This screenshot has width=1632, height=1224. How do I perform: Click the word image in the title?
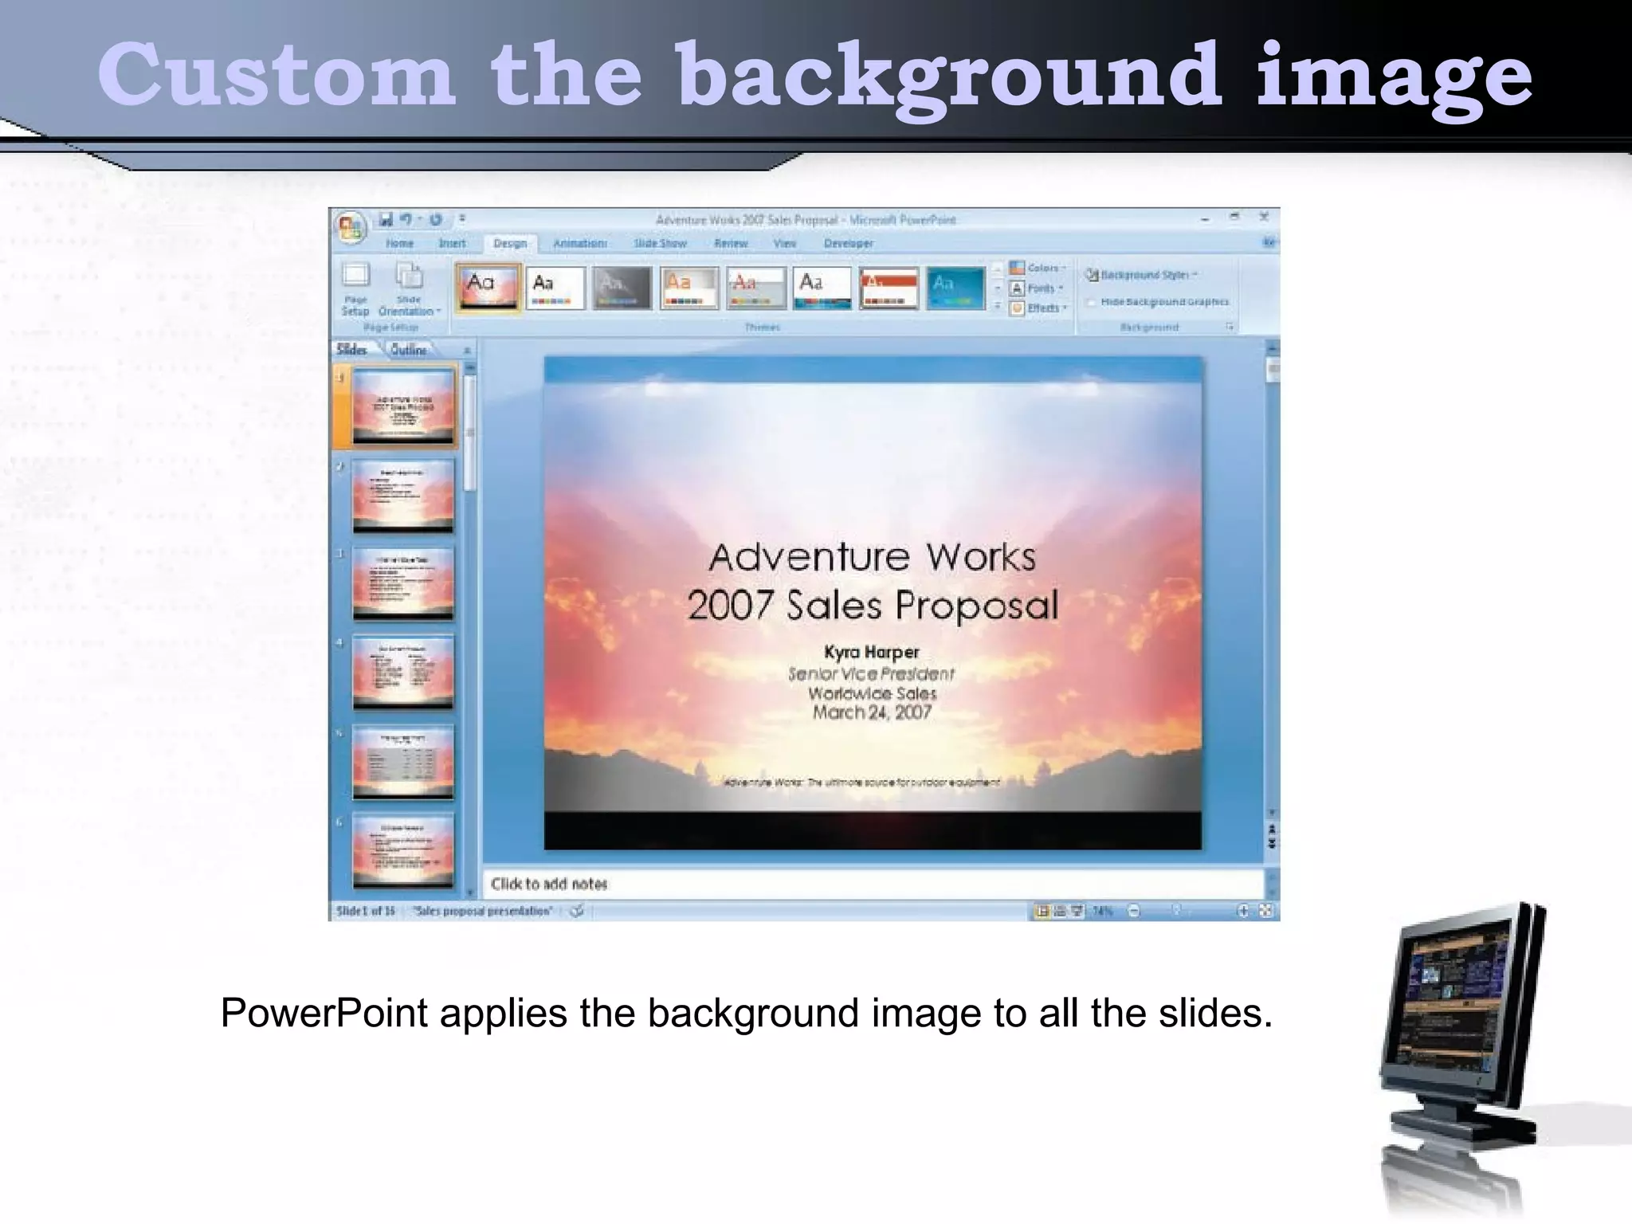(1394, 76)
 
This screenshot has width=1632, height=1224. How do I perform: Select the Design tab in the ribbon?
(510, 243)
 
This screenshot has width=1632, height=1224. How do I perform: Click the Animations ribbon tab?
(579, 243)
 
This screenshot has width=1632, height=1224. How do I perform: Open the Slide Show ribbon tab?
(660, 243)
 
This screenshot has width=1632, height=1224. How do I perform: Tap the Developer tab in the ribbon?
(848, 243)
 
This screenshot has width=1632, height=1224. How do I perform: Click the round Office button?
(350, 229)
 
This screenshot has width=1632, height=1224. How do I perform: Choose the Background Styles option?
(1143, 275)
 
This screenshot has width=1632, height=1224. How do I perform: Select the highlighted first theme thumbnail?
(488, 287)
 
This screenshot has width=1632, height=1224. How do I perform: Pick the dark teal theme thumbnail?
(955, 287)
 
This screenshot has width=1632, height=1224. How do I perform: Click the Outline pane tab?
(408, 350)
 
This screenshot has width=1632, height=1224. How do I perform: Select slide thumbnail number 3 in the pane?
(403, 583)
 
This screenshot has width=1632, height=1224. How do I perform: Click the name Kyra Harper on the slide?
(871, 652)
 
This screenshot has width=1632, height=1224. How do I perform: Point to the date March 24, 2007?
(871, 712)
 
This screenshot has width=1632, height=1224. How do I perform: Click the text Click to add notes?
(549, 884)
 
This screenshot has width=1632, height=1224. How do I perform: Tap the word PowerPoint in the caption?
(324, 1014)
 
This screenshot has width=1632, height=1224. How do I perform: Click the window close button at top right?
(1263, 217)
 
